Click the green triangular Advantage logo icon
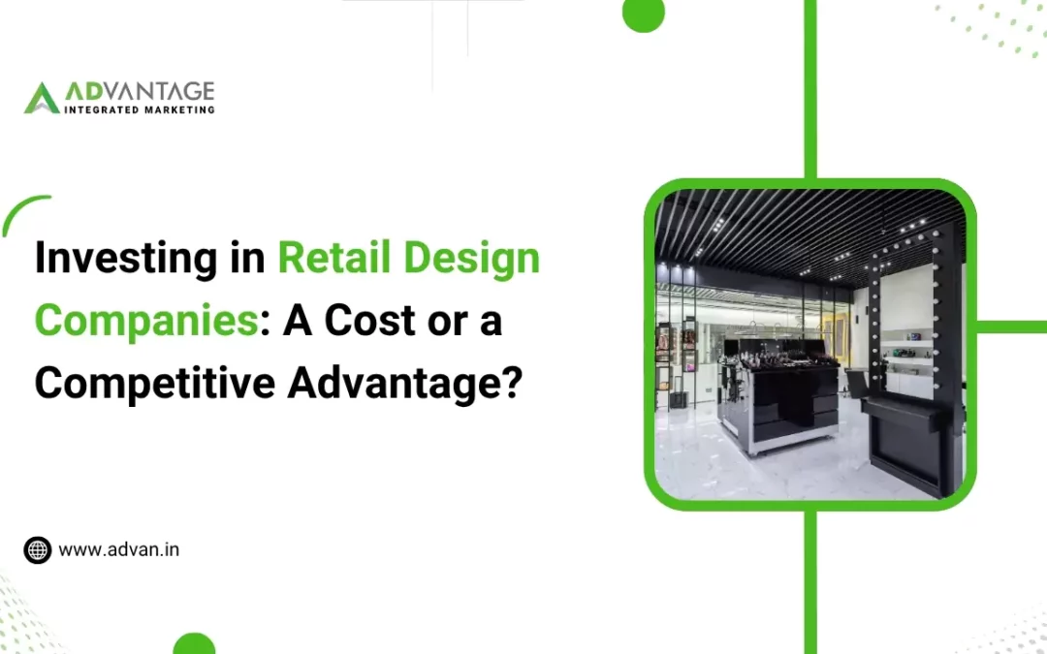(x=42, y=98)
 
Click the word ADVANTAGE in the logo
(x=140, y=92)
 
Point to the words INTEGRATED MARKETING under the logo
(x=139, y=109)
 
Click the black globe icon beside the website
(x=37, y=550)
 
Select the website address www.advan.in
(x=119, y=549)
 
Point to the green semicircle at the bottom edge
(x=194, y=643)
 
